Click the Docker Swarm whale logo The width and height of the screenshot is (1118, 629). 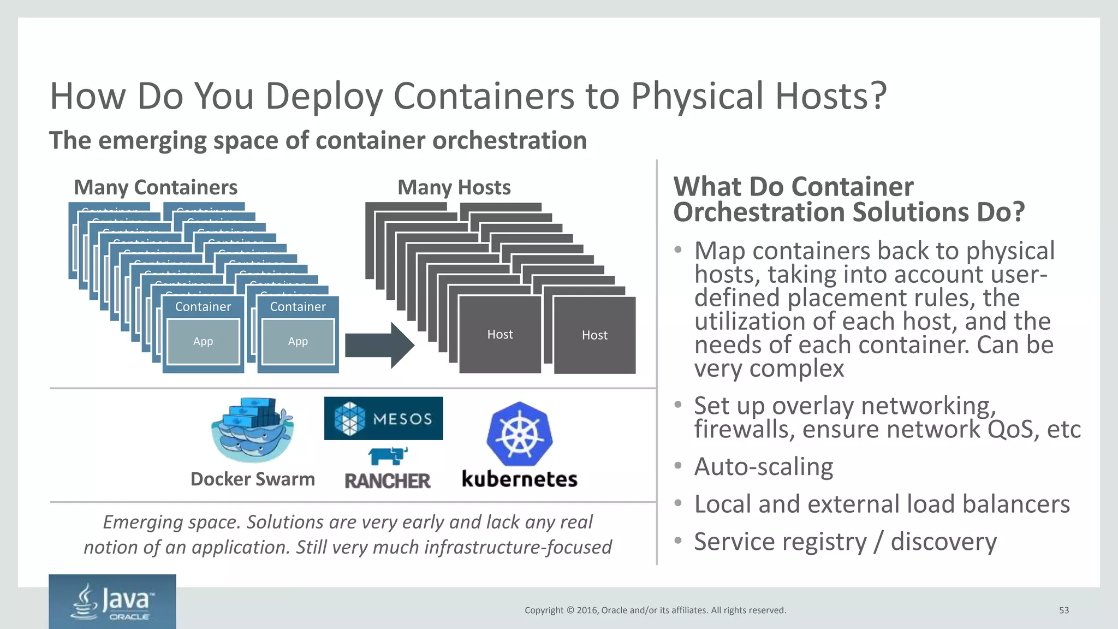(x=252, y=430)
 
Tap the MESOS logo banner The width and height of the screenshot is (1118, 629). (x=383, y=418)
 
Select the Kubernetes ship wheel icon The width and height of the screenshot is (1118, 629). (x=519, y=435)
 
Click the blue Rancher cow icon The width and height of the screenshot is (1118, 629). (x=388, y=455)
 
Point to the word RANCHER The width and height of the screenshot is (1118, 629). (x=388, y=481)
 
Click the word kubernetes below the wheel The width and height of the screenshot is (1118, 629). (x=519, y=479)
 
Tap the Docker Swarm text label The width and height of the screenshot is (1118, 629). (x=252, y=479)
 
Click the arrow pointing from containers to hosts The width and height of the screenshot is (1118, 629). (x=380, y=345)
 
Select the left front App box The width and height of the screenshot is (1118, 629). (x=203, y=342)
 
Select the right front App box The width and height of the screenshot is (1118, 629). (x=298, y=342)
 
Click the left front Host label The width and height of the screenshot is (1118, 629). (x=500, y=334)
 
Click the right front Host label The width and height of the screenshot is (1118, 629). (x=594, y=335)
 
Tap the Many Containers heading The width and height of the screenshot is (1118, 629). (x=156, y=187)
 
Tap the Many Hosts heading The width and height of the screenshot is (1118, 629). (x=454, y=187)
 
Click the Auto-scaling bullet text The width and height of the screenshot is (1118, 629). (x=763, y=467)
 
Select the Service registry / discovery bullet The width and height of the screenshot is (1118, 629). (x=845, y=542)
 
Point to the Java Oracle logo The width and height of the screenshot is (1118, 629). (x=112, y=602)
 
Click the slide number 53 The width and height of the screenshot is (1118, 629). (x=1063, y=610)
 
